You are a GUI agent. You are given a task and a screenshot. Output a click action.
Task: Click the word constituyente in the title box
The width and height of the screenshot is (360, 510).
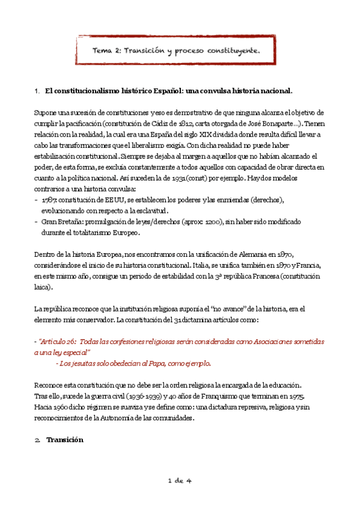(231, 52)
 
